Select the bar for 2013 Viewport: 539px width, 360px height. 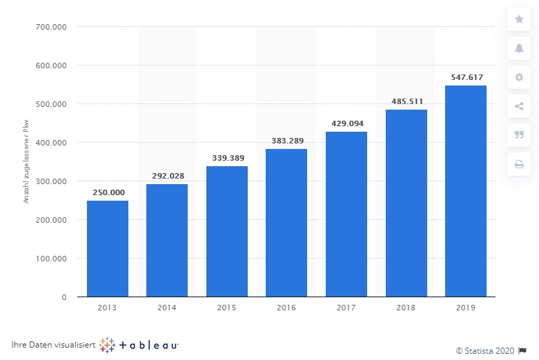(108, 249)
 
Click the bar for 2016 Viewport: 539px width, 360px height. (286, 223)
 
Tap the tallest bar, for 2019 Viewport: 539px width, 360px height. (466, 191)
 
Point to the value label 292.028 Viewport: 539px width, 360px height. (168, 176)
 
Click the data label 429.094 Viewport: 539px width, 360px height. (347, 123)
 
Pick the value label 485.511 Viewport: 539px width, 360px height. (407, 101)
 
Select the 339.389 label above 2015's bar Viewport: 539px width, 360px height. (228, 158)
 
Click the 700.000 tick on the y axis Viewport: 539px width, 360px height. (51, 27)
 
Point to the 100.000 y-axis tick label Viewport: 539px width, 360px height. (51, 259)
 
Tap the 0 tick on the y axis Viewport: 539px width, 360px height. (64, 297)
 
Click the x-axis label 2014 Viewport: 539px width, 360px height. (167, 308)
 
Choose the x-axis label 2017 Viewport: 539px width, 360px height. (346, 308)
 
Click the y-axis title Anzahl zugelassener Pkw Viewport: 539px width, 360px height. (26, 161)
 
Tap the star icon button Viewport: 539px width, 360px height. (519, 19)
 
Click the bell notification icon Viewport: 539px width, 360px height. (519, 48)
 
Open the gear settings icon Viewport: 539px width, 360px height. (519, 77)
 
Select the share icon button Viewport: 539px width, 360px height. (519, 106)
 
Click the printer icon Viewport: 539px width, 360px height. (519, 164)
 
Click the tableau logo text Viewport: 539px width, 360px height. (148, 345)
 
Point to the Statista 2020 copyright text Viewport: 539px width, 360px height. (485, 351)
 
